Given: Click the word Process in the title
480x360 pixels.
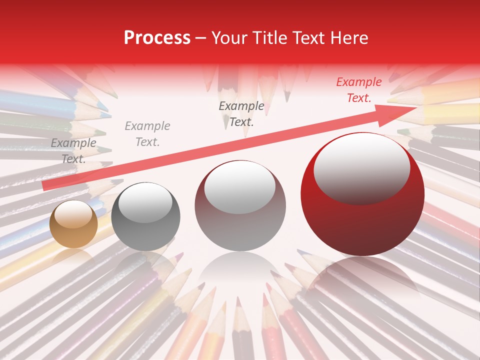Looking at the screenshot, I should point(157,38).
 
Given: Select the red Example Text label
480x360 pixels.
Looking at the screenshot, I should point(358,90).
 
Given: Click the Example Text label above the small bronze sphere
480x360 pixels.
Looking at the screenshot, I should point(73,150).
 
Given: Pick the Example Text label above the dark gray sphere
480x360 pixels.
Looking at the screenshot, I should point(147,133).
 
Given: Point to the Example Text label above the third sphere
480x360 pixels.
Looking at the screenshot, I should point(241,113).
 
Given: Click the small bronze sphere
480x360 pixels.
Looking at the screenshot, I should point(73,224).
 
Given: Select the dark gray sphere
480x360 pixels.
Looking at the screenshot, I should point(145,216).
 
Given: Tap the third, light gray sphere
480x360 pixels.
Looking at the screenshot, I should point(240,206).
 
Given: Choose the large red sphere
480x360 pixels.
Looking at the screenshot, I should point(362,195).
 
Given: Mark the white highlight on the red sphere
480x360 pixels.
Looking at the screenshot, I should point(361,167).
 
